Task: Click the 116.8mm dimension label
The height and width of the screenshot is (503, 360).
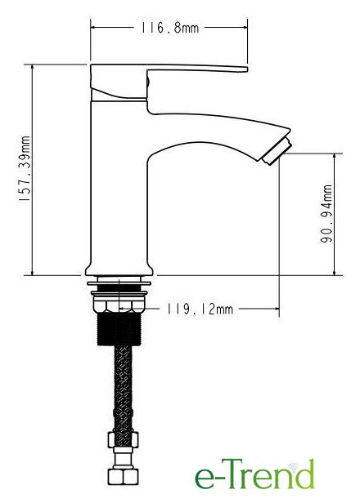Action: coord(169,28)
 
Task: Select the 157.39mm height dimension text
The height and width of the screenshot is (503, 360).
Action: coord(25,169)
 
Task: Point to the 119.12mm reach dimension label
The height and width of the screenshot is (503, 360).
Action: coord(200,309)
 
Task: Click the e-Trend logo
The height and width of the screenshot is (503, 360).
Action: coord(254,474)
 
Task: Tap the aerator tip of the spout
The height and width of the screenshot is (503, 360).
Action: coord(277,152)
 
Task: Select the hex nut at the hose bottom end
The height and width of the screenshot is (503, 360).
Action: coord(123,476)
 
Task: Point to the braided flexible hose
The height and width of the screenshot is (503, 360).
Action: coord(123,389)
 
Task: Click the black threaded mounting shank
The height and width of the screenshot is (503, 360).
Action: coord(119,328)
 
